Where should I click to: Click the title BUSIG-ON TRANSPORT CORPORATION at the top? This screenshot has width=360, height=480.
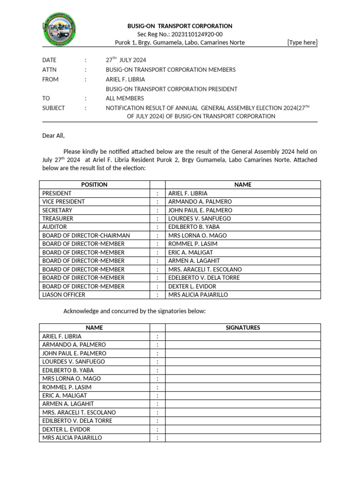click(x=180, y=26)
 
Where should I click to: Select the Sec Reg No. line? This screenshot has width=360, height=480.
click(x=180, y=34)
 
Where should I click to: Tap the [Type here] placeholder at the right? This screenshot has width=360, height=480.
click(x=302, y=43)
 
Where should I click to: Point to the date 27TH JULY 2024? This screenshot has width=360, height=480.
click(x=126, y=60)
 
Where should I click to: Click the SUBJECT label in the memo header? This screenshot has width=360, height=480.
click(x=53, y=108)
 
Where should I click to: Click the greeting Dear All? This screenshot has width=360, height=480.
click(x=53, y=136)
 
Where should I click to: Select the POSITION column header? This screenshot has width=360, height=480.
click(x=94, y=185)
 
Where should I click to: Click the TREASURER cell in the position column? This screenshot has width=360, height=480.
click(x=58, y=218)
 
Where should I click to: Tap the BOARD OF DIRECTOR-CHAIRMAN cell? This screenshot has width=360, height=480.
click(x=86, y=235)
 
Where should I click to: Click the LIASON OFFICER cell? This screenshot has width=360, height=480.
click(x=64, y=295)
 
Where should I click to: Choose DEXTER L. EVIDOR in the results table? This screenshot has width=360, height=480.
click(x=192, y=286)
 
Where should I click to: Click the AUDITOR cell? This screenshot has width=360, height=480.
click(x=54, y=227)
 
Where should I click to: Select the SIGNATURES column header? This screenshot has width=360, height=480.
click(x=243, y=328)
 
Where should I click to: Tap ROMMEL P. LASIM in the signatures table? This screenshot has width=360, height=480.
click(x=67, y=387)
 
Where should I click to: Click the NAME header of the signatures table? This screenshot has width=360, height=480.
click(x=94, y=328)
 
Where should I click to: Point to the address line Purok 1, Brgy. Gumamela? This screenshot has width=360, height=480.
click(x=180, y=43)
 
